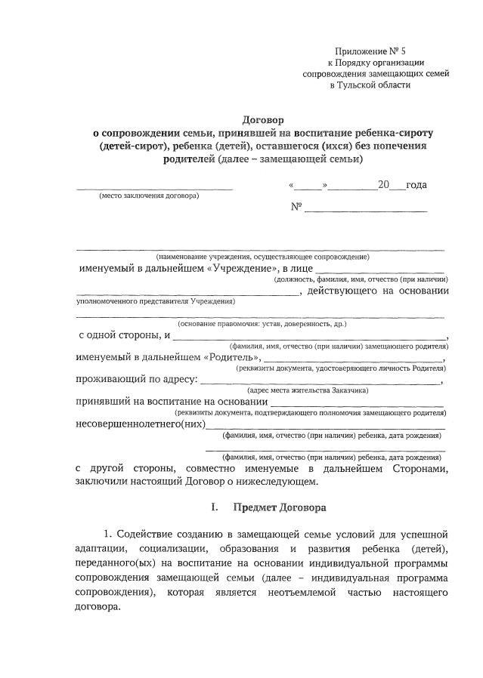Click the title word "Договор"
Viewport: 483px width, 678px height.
click(262, 119)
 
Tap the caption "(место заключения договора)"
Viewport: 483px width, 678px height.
click(150, 196)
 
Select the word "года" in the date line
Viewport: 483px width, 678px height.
click(416, 185)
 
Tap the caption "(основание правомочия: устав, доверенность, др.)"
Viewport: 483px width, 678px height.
click(262, 323)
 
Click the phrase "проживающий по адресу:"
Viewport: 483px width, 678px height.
click(137, 379)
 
